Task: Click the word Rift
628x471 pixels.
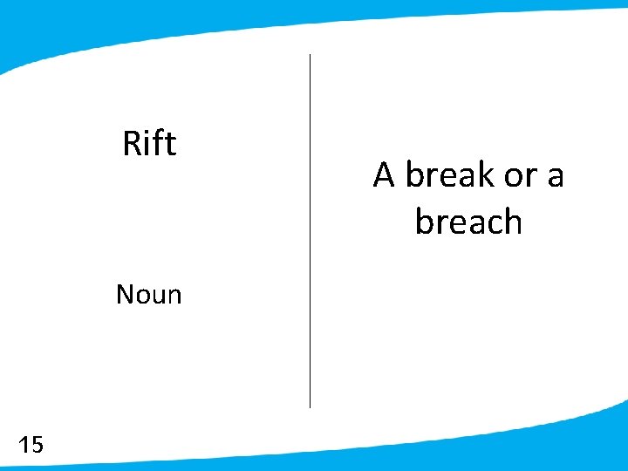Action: [x=149, y=143]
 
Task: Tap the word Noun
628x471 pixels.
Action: [x=148, y=295]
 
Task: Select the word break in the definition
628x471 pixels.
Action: [x=450, y=175]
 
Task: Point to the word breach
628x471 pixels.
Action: [x=468, y=222]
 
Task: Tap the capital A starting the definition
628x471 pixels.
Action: [x=384, y=175]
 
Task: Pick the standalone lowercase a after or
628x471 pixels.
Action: [x=555, y=177]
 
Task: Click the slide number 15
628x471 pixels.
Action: [x=31, y=446]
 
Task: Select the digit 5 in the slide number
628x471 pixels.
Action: [x=37, y=446]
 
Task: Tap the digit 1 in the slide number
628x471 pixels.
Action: [x=24, y=446]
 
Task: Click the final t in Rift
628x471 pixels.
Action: [x=171, y=144]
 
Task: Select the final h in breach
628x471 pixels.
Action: [x=511, y=222]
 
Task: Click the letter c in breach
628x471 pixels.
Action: [x=491, y=223]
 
